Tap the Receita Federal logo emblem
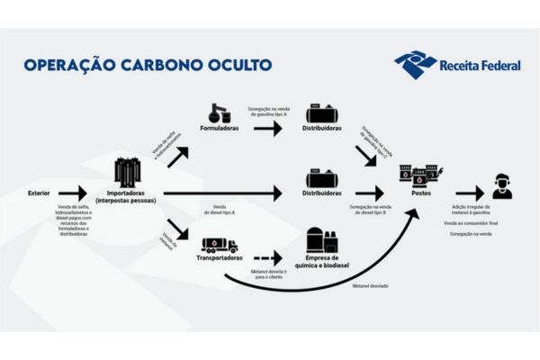[414, 65]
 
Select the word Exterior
[40, 193]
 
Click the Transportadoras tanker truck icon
[220, 245]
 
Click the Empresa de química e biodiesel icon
[320, 239]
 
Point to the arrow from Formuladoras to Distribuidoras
[268, 128]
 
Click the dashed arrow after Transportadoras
[268, 258]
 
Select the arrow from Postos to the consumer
[471, 193]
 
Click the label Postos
[419, 193]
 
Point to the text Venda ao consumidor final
[474, 221]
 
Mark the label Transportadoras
[220, 258]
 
